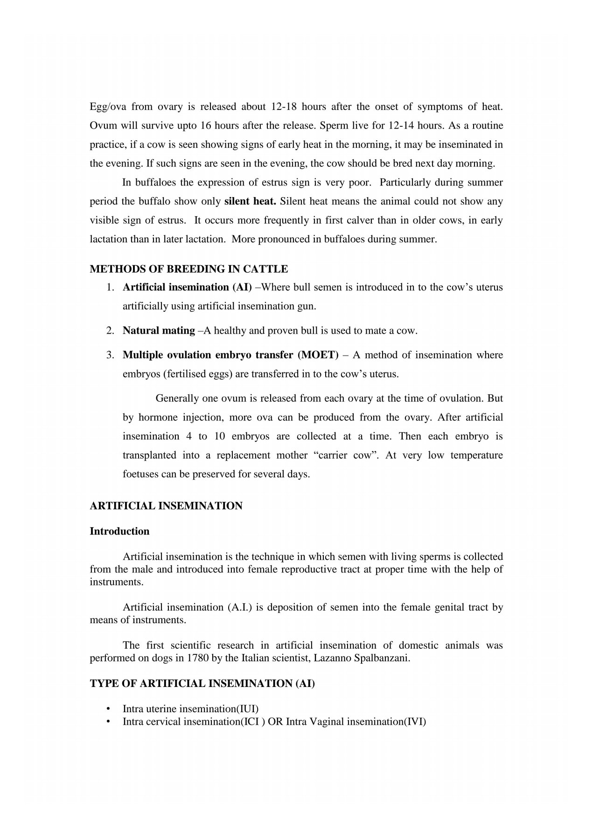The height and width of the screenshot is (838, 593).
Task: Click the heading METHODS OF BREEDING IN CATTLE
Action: click(188, 269)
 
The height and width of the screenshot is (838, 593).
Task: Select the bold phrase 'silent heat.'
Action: click(251, 202)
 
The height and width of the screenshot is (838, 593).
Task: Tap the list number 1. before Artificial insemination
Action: click(110, 288)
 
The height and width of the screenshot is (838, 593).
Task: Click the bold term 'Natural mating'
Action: click(159, 331)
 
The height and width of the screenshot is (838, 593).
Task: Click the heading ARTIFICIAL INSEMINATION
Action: click(166, 506)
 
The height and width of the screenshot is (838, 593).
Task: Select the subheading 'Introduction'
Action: click(119, 532)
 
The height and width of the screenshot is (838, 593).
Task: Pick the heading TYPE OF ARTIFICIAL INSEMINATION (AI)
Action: click(202, 684)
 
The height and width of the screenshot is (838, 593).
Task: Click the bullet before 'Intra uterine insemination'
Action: click(108, 709)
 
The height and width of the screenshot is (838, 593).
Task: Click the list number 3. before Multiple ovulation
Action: click(110, 355)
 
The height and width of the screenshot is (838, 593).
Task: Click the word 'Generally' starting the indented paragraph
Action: click(177, 399)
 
